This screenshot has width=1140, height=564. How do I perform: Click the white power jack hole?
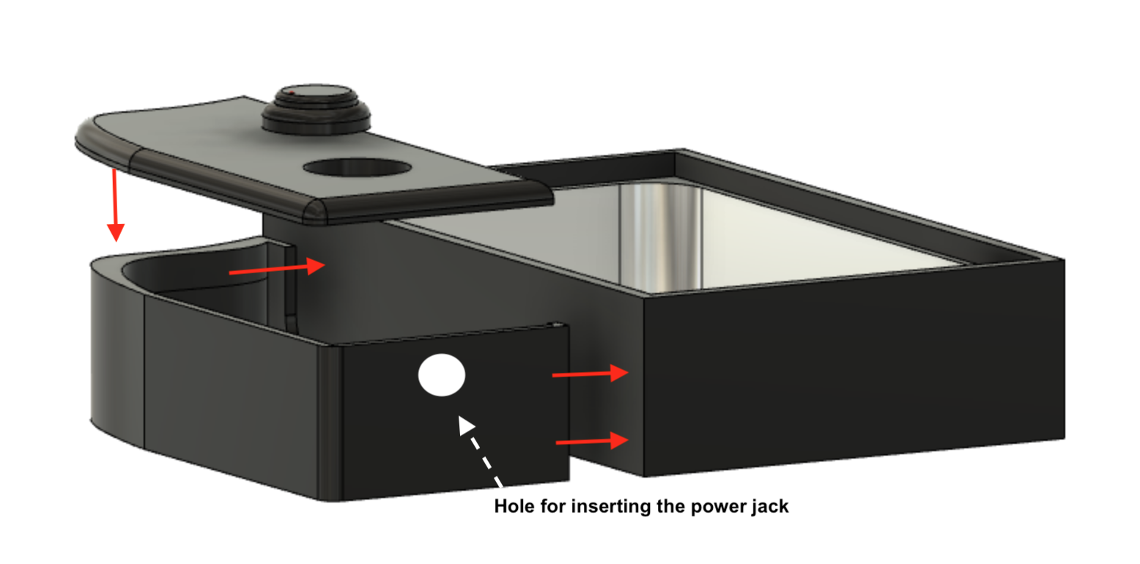pyautogui.click(x=442, y=375)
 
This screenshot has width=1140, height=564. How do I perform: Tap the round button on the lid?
pyautogui.click(x=316, y=109)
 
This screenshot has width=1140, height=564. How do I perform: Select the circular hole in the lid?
pyautogui.click(x=358, y=168)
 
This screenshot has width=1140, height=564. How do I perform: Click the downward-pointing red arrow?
pyautogui.click(x=116, y=205)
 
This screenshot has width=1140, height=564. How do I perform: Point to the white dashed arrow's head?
pyautogui.click(x=465, y=425)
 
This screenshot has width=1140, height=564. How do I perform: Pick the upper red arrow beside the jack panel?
pyautogui.click(x=591, y=374)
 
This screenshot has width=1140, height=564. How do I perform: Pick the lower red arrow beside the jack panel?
pyautogui.click(x=593, y=441)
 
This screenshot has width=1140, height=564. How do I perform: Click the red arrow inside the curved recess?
pyautogui.click(x=277, y=269)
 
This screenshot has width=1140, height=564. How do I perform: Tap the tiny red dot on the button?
pyautogui.click(x=291, y=92)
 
